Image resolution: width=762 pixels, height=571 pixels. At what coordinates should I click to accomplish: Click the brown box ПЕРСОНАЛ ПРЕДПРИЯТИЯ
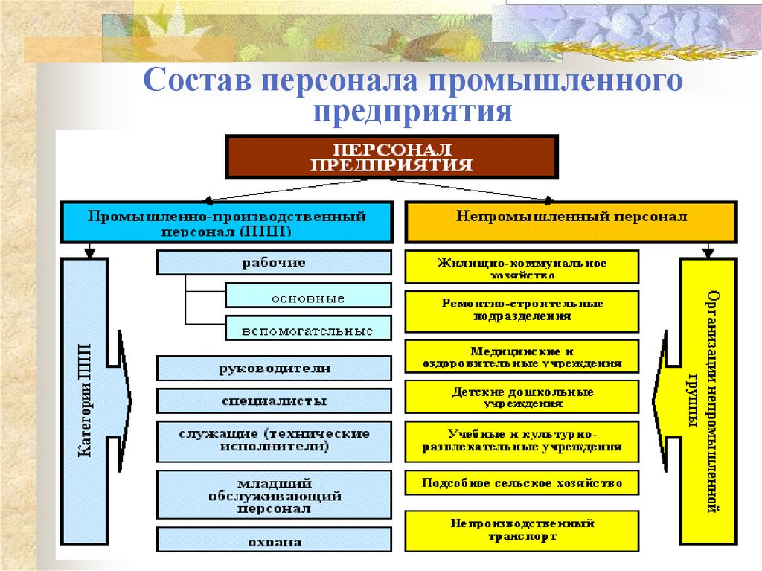(391, 156)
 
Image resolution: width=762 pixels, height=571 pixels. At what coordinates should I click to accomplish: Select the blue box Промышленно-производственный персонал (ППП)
(227, 222)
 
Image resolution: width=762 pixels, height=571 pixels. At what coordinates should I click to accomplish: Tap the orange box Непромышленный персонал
(571, 222)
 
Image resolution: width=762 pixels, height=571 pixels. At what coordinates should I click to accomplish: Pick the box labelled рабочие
(273, 263)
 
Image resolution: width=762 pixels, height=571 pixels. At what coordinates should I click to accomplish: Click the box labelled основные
(307, 296)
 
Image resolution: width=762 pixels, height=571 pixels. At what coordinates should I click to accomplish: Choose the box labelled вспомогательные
(307, 329)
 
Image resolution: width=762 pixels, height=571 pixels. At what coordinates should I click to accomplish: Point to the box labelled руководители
(273, 369)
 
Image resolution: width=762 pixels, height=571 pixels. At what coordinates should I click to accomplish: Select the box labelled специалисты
(273, 401)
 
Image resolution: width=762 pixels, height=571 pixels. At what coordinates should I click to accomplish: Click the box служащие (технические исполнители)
(273, 440)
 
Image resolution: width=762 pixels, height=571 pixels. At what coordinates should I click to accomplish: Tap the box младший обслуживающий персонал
(273, 494)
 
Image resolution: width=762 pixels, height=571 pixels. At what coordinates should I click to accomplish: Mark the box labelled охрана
(273, 540)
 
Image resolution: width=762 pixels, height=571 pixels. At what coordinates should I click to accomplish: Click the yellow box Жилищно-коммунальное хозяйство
(522, 267)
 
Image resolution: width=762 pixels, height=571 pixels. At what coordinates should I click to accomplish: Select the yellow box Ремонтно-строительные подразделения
(522, 310)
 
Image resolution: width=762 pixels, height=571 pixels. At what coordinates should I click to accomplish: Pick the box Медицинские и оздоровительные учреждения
(522, 357)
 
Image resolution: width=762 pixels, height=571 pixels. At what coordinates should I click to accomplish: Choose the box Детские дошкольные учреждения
(522, 397)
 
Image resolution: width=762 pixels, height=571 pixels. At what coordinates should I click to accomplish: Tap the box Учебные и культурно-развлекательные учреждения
(522, 441)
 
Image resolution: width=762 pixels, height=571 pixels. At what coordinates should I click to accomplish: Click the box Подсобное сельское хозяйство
(522, 482)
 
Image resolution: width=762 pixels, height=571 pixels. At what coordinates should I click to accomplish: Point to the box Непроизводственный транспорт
(522, 530)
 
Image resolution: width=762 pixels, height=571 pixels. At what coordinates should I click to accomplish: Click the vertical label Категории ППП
(85, 401)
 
